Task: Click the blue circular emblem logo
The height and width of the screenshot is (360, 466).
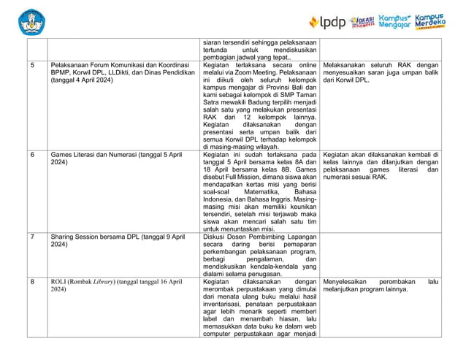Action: (x=31, y=22)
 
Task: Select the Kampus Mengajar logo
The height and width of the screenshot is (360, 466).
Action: (x=394, y=21)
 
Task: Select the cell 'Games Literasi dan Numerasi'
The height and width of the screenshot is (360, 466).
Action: (x=117, y=159)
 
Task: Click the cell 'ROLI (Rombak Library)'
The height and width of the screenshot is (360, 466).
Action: (x=117, y=285)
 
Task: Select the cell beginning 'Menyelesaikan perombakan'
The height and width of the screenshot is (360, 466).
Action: (x=380, y=285)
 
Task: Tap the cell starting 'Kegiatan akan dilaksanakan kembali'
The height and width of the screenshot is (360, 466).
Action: (x=380, y=168)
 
